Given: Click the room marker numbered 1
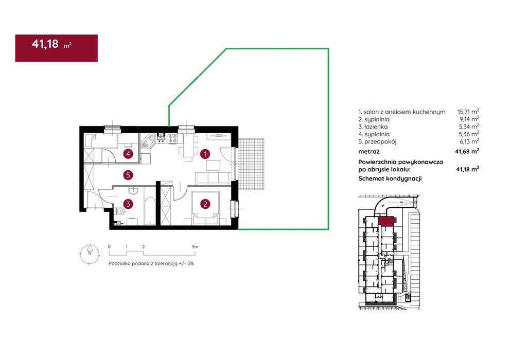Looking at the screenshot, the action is (205, 154).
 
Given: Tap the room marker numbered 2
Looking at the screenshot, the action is (205, 204).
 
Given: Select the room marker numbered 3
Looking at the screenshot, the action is (128, 204).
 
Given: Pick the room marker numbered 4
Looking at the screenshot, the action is (128, 154).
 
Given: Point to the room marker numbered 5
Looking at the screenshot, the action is (128, 175).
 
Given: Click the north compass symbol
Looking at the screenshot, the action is (90, 254).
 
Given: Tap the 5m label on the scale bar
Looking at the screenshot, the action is (195, 247).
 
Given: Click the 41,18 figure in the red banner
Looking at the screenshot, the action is (45, 44).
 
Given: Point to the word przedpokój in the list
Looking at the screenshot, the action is (380, 142).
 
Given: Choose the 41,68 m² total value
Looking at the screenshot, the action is (467, 151).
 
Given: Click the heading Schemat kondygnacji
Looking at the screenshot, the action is (390, 178).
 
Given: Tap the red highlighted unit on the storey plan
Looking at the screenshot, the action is (386, 221).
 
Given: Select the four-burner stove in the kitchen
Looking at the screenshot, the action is (172, 139).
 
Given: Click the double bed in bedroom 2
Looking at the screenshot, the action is (205, 208).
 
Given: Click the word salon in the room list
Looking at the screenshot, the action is (371, 112).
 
